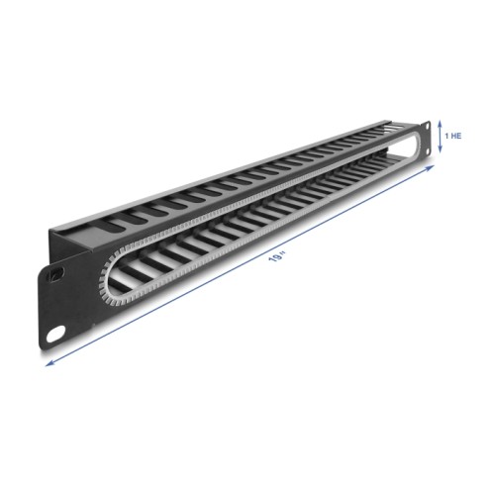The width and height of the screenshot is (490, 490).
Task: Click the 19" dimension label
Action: [277, 256]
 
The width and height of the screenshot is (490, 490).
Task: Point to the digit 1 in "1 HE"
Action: [446, 136]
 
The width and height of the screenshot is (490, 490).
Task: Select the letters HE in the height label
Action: [456, 136]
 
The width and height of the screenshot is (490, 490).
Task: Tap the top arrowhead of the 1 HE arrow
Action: [440, 124]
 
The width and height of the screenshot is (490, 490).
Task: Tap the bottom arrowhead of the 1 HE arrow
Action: [440, 149]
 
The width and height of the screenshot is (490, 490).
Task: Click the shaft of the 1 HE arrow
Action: [440, 137]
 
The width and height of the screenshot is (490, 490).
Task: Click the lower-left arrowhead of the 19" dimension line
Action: [49, 363]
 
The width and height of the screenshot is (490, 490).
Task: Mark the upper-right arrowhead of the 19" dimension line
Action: [430, 168]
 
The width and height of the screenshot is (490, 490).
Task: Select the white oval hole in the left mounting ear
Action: [55, 334]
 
